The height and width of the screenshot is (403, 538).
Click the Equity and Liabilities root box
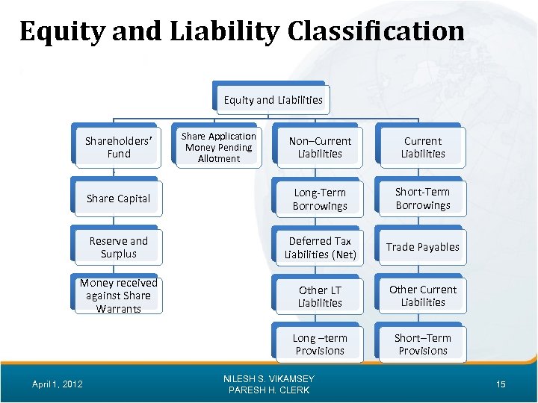[x=273, y=100]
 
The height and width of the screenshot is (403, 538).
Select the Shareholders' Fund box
[x=118, y=147]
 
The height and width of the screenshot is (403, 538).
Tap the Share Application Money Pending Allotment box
[x=219, y=147]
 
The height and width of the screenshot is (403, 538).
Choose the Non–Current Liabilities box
[x=320, y=147]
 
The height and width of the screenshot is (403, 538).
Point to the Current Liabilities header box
[x=423, y=147]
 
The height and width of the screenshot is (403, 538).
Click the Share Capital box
[x=118, y=199]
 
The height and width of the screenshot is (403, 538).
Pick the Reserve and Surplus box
[x=118, y=247]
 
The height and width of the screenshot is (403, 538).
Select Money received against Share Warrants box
[x=118, y=296]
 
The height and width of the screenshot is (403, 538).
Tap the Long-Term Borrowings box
[x=320, y=199]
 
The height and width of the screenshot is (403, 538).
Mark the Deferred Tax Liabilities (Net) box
[x=320, y=248]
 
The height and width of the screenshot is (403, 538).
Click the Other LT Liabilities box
[x=320, y=296]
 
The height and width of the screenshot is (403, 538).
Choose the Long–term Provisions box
[x=320, y=345]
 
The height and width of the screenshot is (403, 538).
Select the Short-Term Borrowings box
[x=423, y=199]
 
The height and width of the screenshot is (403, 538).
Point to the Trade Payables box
[x=423, y=247]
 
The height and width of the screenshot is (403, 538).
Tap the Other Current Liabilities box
[x=423, y=296]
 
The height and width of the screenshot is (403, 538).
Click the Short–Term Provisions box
[x=423, y=344]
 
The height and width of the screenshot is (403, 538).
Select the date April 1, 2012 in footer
[x=57, y=384]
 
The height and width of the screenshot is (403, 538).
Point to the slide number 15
[x=501, y=384]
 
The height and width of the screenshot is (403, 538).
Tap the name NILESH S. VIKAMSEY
[x=269, y=379]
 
